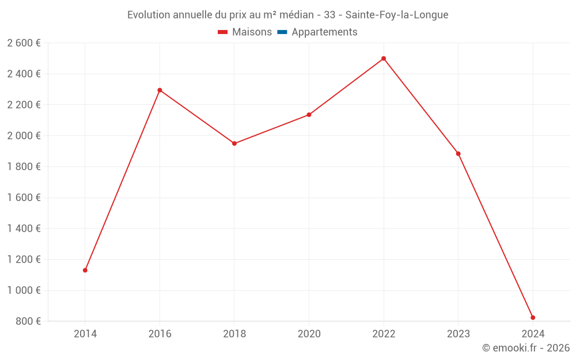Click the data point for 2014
85,270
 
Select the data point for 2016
160,90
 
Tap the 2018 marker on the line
234,143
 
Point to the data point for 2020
309,115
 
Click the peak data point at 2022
384,59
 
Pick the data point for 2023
458,154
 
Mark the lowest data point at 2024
533,317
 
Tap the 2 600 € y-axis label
24,43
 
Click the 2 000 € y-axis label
24,136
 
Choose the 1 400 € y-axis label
24,229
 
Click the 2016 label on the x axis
160,334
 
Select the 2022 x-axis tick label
384,334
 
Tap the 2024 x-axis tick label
533,334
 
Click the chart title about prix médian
287,15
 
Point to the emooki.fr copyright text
526,348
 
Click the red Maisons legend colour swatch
223,32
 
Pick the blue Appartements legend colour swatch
282,32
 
